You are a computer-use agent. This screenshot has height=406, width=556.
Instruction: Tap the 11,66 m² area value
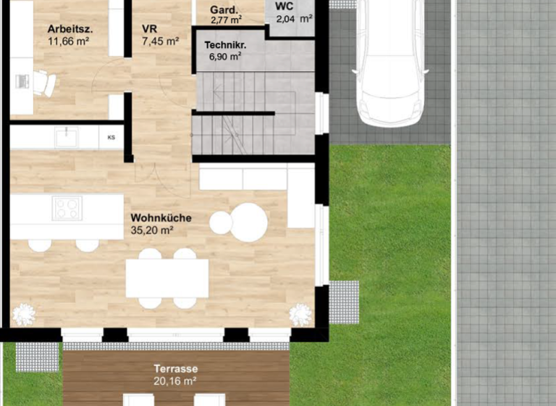68,42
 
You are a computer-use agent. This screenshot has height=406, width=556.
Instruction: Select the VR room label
150,29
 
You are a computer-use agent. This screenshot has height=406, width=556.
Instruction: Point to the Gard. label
224,10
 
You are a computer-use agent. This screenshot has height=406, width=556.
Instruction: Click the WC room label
285,6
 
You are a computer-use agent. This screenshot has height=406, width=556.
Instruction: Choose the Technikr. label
225,45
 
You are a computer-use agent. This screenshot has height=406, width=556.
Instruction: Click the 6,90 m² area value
224,57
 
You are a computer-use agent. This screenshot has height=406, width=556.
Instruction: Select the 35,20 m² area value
153,231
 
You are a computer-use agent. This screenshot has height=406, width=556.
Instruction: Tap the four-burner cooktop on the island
67,208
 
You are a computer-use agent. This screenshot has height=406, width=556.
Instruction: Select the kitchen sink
67,136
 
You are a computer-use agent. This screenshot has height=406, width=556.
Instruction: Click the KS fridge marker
111,137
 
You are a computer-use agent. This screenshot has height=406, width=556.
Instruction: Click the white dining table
167,278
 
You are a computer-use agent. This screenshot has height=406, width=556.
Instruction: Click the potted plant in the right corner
300,314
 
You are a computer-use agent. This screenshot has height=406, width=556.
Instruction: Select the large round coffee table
249,222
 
